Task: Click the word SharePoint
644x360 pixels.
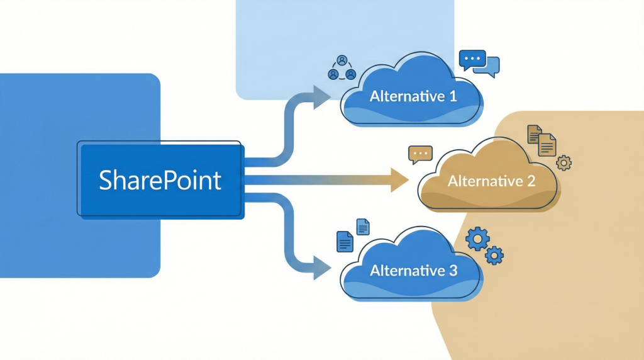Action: point(160,180)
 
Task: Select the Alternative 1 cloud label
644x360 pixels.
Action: point(413,97)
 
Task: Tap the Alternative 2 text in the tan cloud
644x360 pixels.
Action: point(491,181)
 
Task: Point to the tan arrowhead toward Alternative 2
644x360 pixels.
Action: point(399,180)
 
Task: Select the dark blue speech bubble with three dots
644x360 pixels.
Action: point(472,60)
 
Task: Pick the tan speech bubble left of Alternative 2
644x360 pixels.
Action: point(420,154)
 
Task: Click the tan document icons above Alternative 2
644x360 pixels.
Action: point(541,140)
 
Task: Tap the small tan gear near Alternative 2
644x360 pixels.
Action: point(564,163)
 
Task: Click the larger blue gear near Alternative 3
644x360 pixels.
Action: point(477,239)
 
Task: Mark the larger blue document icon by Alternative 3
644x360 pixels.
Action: point(345,241)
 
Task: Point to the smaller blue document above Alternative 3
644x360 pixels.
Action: point(363,227)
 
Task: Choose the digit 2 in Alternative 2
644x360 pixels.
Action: point(530,181)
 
